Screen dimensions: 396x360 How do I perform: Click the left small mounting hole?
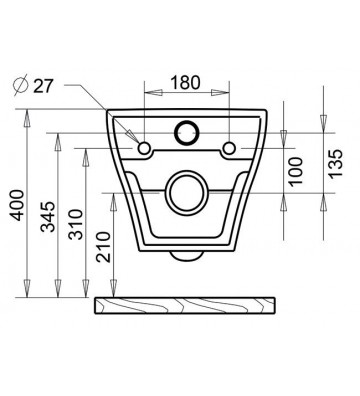coord(145,149)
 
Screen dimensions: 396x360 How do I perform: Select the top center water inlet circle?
coord(187,130)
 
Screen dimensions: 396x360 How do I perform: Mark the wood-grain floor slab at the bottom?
coord(187,305)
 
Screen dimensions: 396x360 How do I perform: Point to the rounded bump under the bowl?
coord(187,256)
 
